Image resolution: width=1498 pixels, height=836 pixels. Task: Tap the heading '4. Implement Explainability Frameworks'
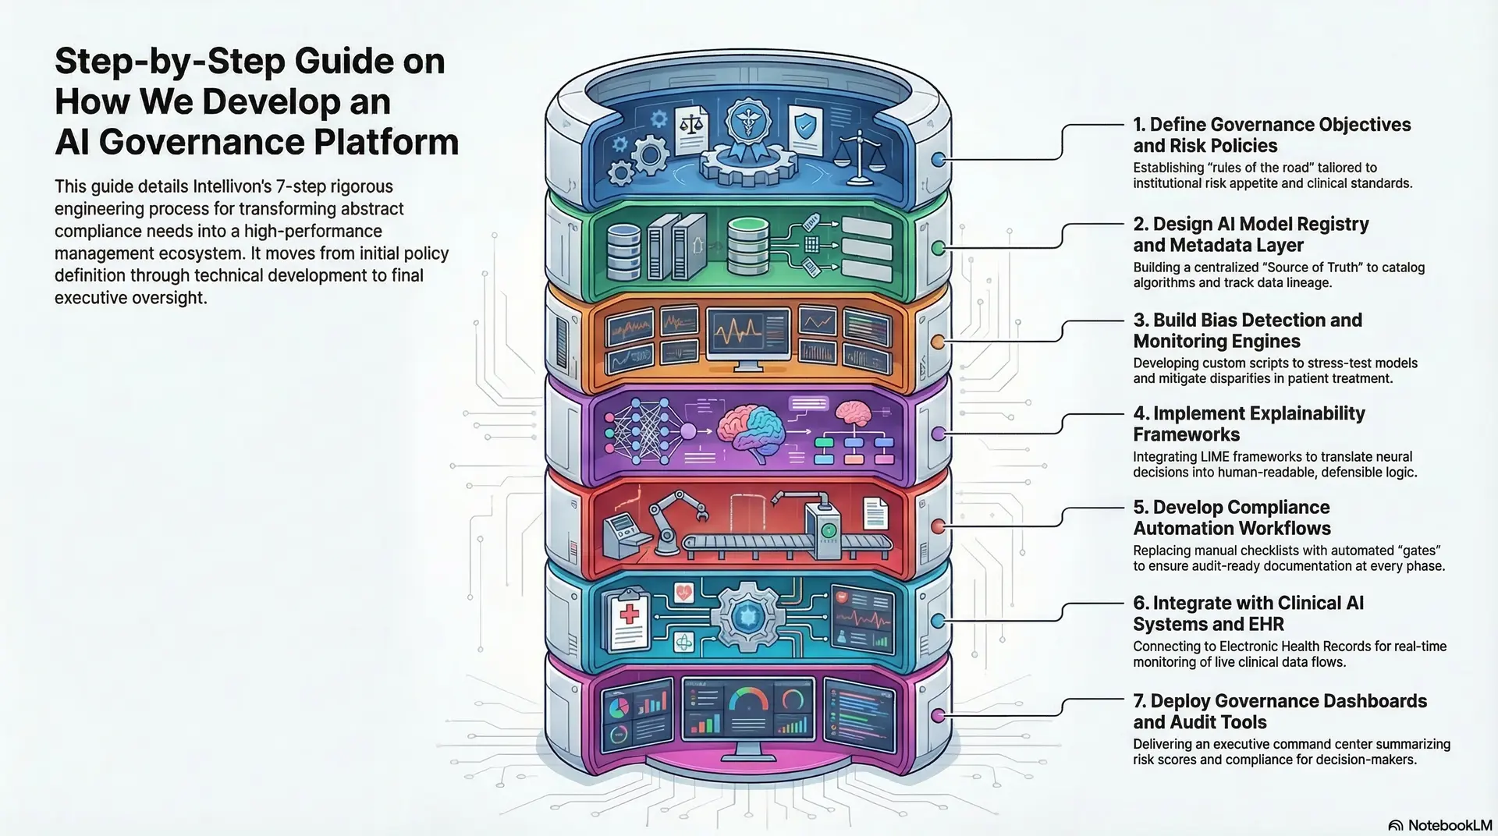(x=1248, y=423)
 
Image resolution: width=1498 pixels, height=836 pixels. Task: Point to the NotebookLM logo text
(x=1450, y=825)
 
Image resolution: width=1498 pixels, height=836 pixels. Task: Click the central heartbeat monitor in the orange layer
(x=747, y=335)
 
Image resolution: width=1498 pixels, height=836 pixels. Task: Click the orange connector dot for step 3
(x=938, y=342)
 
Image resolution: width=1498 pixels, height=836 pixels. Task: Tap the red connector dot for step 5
(x=938, y=526)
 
